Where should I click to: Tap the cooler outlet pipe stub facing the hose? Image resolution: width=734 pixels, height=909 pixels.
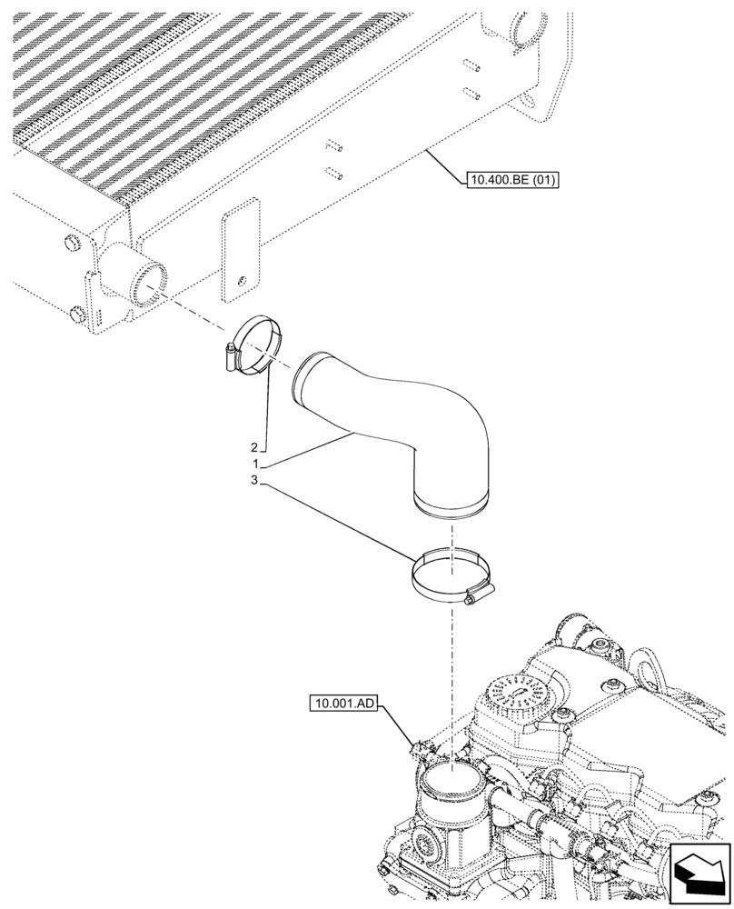click(136, 277)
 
